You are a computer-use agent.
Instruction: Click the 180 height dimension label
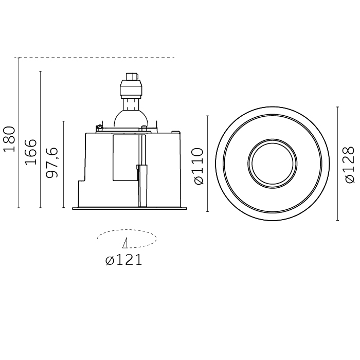[9, 139]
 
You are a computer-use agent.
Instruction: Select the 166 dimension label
[31, 152]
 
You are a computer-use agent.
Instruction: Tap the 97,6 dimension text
[52, 163]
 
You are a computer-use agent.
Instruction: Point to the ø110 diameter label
[199, 166]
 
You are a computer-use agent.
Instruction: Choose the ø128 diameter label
[350, 165]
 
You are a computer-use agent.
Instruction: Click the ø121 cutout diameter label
[124, 260]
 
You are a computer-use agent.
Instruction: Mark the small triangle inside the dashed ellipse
[125, 243]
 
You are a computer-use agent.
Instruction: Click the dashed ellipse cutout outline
[127, 229]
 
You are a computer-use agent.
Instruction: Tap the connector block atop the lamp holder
[132, 77]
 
